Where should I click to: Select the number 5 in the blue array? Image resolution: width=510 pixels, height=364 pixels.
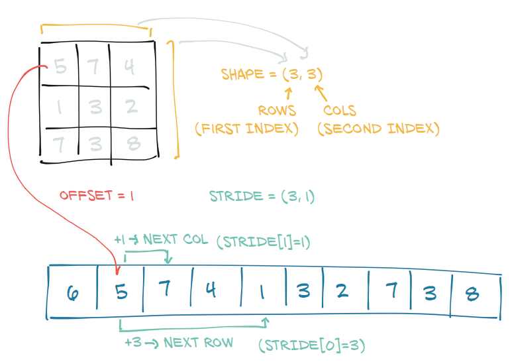click(x=121, y=292)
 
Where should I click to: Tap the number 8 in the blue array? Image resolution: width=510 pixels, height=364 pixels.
click(x=472, y=294)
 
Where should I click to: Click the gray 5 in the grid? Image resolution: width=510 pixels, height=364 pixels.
click(x=60, y=67)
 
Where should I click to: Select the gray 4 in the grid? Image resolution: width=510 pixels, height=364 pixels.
click(x=130, y=67)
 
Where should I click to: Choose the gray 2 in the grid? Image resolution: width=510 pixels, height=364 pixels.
click(x=130, y=105)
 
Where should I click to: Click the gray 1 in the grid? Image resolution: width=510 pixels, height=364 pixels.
click(x=60, y=105)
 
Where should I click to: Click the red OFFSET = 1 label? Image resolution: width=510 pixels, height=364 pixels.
click(x=97, y=196)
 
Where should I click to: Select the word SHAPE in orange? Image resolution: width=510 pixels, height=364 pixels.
click(x=242, y=74)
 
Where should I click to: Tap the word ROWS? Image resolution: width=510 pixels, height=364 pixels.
click(x=277, y=111)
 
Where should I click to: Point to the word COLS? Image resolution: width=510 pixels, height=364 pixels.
click(x=340, y=111)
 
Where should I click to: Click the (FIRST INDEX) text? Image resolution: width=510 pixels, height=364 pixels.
click(x=246, y=128)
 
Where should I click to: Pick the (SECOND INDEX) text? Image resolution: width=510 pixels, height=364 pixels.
click(x=378, y=128)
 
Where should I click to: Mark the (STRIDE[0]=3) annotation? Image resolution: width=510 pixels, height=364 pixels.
click(x=312, y=345)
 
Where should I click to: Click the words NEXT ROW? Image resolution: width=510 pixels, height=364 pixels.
click(x=198, y=343)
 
